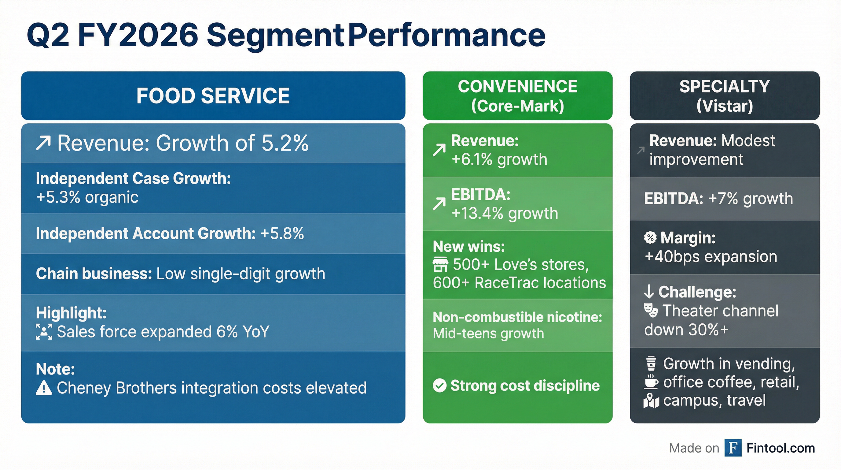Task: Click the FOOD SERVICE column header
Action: tap(213, 96)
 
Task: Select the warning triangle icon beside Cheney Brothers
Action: tap(44, 388)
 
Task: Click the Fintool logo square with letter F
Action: tap(733, 448)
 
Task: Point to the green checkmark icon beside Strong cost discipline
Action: tap(439, 385)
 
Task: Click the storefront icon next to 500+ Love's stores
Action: tap(440, 265)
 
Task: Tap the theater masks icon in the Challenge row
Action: tap(651, 310)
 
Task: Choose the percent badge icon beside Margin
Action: tap(650, 238)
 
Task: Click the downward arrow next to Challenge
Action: tap(649, 292)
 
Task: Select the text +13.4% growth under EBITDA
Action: tap(505, 214)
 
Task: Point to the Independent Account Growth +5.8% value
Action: tap(282, 234)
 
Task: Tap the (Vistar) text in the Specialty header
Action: tap(725, 106)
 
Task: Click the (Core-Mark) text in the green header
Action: tap(517, 106)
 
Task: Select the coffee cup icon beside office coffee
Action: tap(651, 382)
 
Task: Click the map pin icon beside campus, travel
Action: tap(651, 401)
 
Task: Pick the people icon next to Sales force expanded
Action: tap(44, 332)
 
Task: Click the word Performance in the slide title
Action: tap(446, 35)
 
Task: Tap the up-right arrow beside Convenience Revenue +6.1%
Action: tap(439, 150)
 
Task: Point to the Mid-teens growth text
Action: tap(488, 334)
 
